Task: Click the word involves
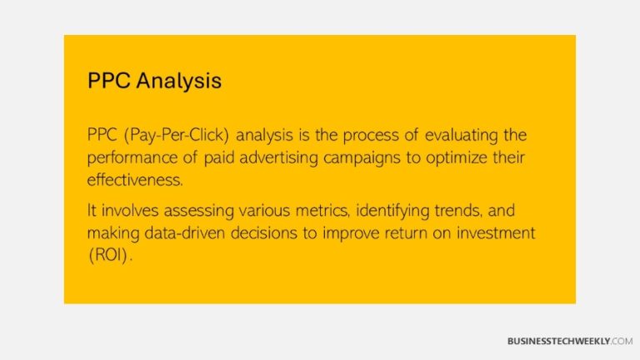coord(127,212)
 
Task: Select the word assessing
coord(193,212)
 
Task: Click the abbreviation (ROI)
coord(108,255)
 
